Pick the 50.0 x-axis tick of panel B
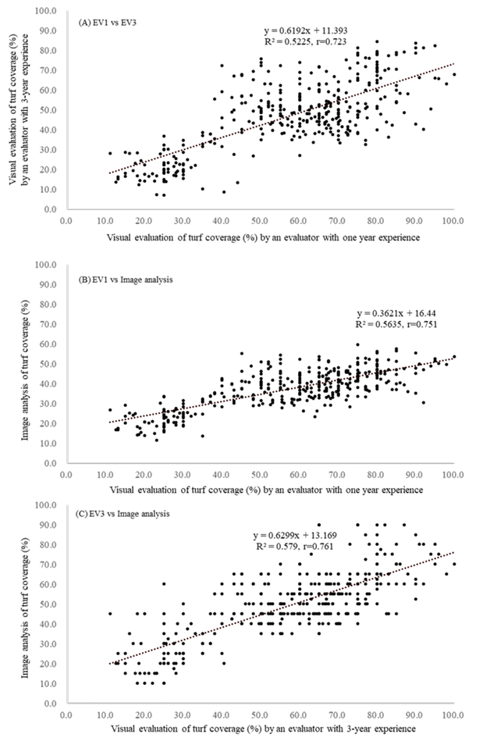tap(259, 472)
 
